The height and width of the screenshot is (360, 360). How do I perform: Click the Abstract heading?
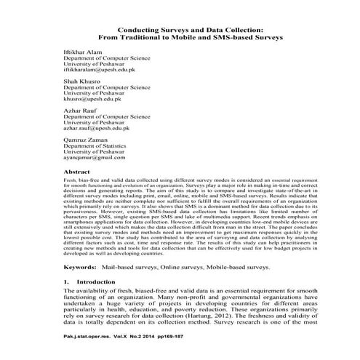tap(79, 172)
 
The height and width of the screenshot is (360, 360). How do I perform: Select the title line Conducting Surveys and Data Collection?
tap(180, 28)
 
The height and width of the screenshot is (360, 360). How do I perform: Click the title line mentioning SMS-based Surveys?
tap(180, 36)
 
